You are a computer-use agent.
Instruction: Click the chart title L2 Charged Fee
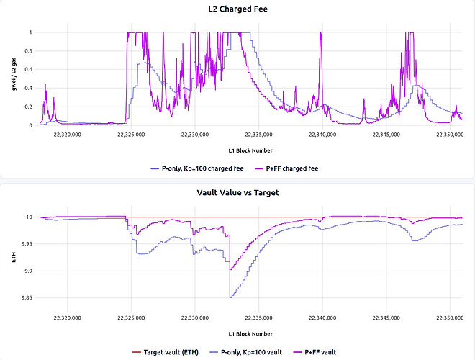237,9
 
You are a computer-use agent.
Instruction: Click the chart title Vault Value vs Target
237,193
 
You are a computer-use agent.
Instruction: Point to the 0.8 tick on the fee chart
29,51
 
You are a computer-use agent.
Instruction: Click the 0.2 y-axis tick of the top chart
29,107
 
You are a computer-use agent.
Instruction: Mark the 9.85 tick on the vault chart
27,297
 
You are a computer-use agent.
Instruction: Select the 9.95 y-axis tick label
27,244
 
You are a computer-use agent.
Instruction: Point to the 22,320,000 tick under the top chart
67,135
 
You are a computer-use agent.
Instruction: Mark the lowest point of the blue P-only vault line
230,297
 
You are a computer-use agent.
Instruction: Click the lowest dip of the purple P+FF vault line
230,270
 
